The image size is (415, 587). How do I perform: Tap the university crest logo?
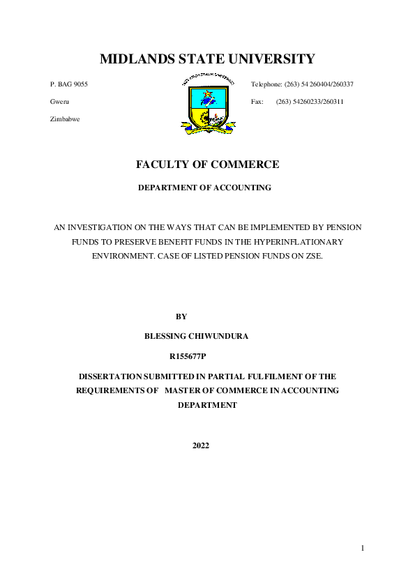[x=208, y=102]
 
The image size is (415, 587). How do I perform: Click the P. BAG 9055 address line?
[x=69, y=84]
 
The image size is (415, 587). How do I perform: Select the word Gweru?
[x=60, y=102]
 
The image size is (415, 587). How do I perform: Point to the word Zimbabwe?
[x=65, y=119]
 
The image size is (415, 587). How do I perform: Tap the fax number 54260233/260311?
[x=320, y=102]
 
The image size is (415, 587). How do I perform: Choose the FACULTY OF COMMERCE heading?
[x=208, y=165]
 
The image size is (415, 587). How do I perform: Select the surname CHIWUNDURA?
[x=219, y=336]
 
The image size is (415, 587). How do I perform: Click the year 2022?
[x=201, y=445]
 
